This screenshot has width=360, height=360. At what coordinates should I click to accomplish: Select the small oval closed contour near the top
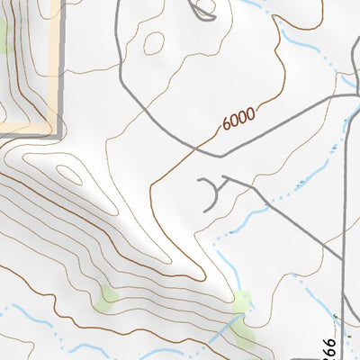(x=154, y=42)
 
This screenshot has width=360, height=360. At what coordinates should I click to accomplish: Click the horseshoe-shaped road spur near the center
(x=209, y=193)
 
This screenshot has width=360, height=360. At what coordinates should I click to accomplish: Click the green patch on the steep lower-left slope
(x=109, y=293)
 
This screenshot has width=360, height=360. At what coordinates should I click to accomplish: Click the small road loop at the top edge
(x=204, y=11)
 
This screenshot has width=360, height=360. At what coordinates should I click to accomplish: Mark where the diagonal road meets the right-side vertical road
(x=344, y=261)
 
